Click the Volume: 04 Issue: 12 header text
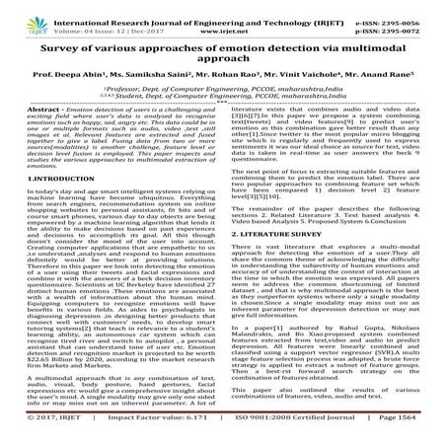[94, 19]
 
